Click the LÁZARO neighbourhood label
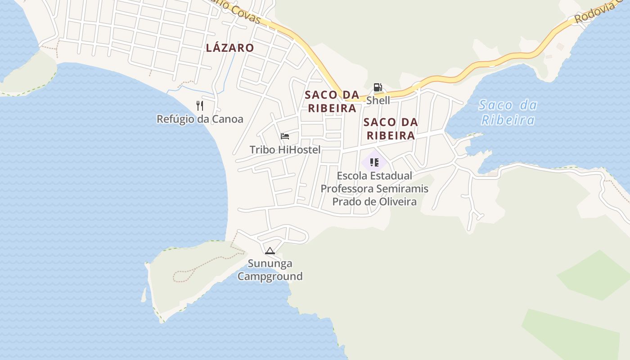(x=229, y=48)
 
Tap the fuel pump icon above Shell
(x=378, y=87)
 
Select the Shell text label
(x=378, y=100)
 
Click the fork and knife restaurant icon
(x=200, y=106)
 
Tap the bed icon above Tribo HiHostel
(x=284, y=136)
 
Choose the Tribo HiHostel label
(x=285, y=150)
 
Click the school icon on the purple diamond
(x=374, y=162)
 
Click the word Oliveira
(x=397, y=202)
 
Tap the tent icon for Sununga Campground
(x=270, y=251)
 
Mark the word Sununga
(x=270, y=263)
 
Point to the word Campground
(x=270, y=276)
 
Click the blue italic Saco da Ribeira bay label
(x=508, y=112)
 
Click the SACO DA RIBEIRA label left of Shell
(x=332, y=101)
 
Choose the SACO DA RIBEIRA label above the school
(x=390, y=129)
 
